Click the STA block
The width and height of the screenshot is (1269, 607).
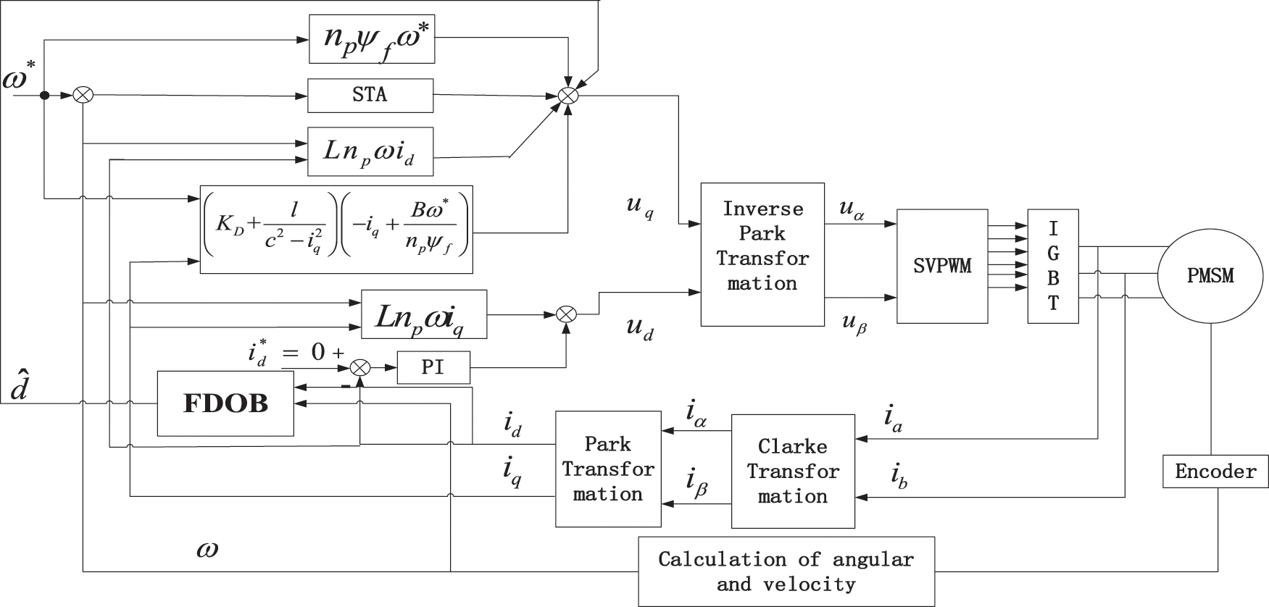370,95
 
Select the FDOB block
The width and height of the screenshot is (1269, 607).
225,403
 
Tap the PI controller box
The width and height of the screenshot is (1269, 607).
433,367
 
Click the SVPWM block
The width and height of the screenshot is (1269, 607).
942,266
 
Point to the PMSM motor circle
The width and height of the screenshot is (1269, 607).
1210,276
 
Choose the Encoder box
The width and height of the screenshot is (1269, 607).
1215,472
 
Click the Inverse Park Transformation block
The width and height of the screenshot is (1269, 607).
762,254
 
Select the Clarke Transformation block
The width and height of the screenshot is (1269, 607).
793,471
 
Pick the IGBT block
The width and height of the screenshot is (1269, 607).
1052,266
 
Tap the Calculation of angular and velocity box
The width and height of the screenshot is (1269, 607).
786,571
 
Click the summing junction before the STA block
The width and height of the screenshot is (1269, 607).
84,95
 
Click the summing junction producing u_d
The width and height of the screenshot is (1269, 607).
566,314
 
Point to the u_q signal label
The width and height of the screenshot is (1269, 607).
640,206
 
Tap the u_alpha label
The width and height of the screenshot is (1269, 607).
852,209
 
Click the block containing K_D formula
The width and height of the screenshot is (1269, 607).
336,230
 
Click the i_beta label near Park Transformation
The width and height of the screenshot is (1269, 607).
696,484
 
